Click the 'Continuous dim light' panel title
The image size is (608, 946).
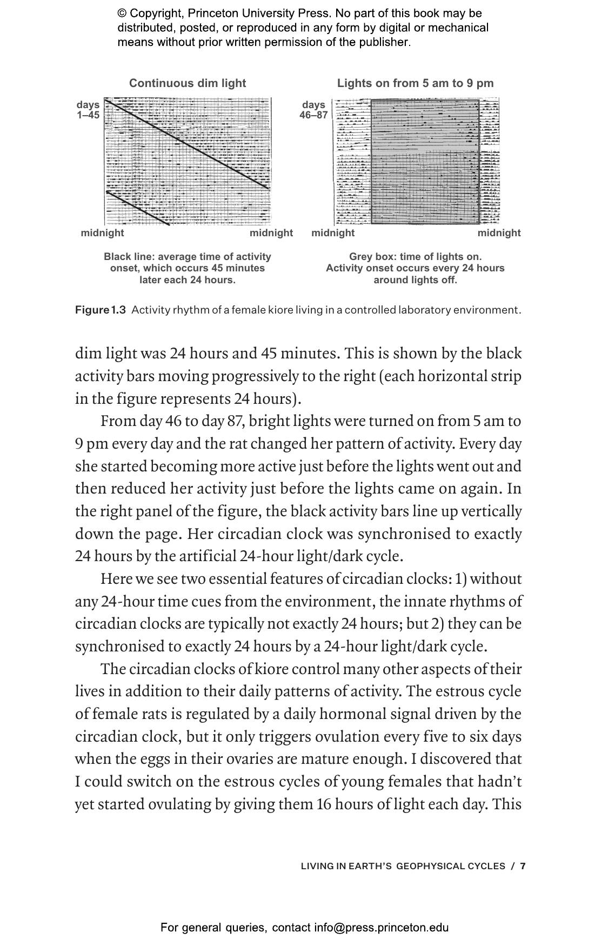pos(187,83)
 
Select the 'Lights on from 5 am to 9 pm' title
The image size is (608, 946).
pos(415,83)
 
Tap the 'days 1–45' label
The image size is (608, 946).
pos(88,109)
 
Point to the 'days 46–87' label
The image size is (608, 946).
pos(313,109)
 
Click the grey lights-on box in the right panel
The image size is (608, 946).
pos(425,162)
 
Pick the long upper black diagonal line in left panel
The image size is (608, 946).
pos(187,144)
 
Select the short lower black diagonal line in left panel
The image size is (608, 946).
pos(138,208)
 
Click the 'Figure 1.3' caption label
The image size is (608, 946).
pos(101,310)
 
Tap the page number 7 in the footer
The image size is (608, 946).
pos(523,866)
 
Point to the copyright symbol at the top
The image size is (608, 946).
pos(122,14)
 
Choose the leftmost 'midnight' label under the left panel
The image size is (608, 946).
pos(102,233)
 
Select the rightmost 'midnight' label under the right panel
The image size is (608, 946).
pos(499,233)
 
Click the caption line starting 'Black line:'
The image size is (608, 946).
pos(187,257)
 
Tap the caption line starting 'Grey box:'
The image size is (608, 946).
pos(415,257)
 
